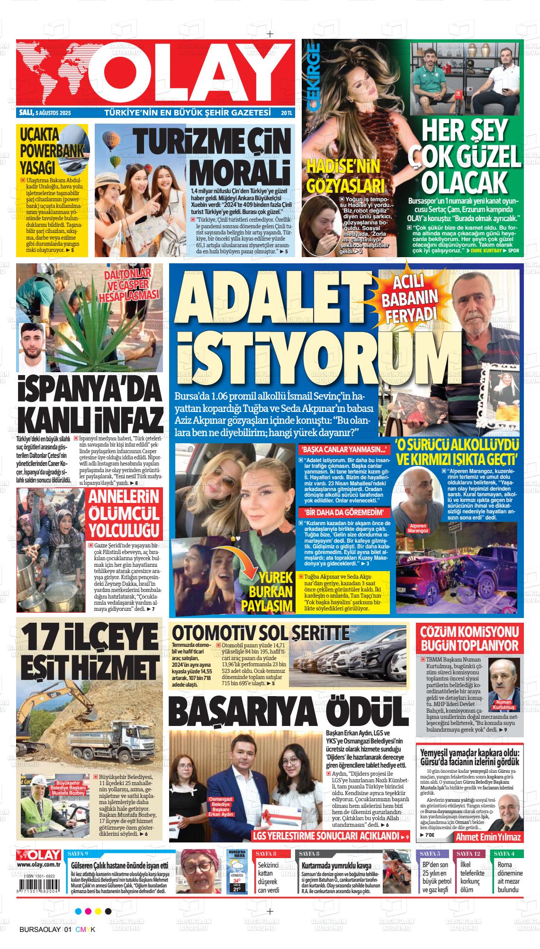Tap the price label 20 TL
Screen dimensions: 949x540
[287, 114]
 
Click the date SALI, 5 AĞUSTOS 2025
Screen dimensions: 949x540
[44, 114]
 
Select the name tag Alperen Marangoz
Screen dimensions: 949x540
[417, 528]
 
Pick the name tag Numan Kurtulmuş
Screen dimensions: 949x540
[504, 704]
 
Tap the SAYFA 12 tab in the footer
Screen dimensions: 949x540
[469, 853]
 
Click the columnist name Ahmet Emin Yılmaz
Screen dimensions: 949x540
[488, 837]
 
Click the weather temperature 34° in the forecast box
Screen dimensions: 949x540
[237, 880]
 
